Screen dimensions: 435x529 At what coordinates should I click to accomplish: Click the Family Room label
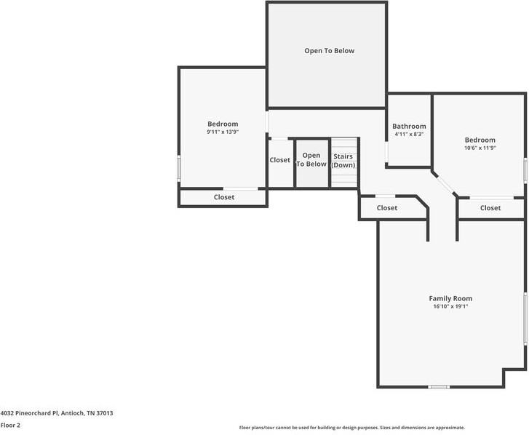[450, 298]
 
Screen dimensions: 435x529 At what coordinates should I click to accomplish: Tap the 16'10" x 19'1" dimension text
[450, 307]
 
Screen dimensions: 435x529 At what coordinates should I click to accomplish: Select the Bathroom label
[409, 126]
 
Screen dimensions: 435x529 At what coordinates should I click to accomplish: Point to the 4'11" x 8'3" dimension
[409, 135]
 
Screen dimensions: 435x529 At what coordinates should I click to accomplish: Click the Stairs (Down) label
[343, 161]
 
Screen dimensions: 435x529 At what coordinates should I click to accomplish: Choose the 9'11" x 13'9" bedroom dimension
[223, 132]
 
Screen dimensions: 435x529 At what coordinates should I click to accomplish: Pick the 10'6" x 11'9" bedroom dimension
[480, 148]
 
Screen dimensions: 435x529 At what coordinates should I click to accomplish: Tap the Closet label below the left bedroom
[224, 197]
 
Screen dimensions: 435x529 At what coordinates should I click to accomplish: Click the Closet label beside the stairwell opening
[280, 160]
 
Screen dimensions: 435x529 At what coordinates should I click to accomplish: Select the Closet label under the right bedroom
[490, 208]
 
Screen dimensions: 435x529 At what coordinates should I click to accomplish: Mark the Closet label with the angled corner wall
[387, 208]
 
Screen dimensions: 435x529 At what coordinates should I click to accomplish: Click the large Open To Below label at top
[329, 51]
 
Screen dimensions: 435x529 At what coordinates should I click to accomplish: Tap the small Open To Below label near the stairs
[311, 160]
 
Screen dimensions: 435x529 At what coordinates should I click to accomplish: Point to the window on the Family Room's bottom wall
[439, 387]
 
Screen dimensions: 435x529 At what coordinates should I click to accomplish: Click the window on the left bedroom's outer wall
[179, 168]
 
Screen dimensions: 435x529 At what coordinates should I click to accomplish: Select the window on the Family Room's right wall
[525, 318]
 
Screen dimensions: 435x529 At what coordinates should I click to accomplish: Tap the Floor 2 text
[10, 425]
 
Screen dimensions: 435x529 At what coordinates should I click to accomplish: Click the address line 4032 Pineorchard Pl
[56, 412]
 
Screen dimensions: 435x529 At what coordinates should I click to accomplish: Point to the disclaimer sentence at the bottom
[351, 428]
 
